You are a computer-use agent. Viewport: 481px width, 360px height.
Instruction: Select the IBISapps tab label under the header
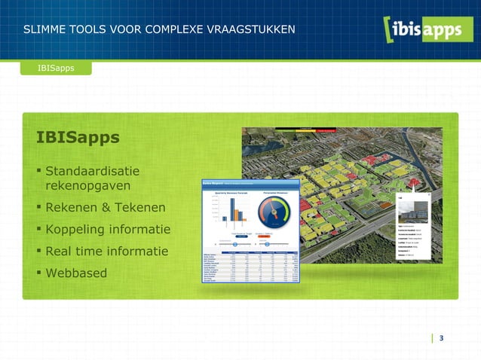tap(56, 69)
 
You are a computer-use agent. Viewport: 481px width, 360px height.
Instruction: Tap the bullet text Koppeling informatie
tap(108, 229)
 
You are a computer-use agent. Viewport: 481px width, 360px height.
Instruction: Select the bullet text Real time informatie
tap(106, 251)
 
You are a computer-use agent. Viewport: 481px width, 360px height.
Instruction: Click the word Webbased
tap(76, 273)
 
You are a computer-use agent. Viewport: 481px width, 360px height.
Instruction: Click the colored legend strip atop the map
tap(305, 130)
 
